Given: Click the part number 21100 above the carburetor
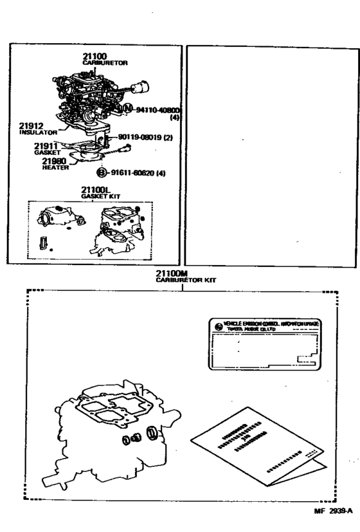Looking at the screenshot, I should coord(95,57).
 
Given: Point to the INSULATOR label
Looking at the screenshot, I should coord(39,132).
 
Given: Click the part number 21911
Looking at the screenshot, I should coord(48,146).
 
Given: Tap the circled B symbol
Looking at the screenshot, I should coord(100,172).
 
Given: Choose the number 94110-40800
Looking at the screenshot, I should coord(157,111).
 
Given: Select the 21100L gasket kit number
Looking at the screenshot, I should coord(96,189).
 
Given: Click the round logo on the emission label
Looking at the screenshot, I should coord(218,326).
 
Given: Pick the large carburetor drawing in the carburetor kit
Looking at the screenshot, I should coord(103,437).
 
